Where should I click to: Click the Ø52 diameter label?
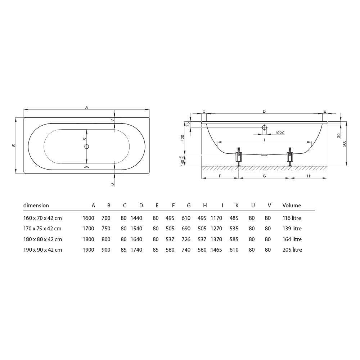(280, 132)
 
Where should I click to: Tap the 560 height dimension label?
(344, 144)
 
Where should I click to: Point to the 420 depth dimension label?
(183, 138)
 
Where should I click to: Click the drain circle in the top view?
(86, 147)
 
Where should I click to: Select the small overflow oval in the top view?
(86, 167)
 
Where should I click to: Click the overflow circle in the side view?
(264, 127)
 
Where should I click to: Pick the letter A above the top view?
(86, 107)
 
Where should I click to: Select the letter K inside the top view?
(85, 139)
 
